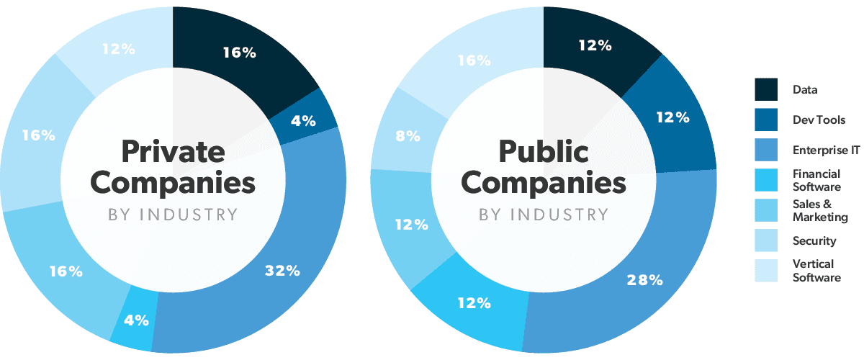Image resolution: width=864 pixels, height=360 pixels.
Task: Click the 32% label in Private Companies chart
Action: (282, 271)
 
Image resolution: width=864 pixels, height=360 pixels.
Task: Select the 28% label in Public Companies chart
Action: (645, 280)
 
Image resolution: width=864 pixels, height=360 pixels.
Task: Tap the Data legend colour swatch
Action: (766, 90)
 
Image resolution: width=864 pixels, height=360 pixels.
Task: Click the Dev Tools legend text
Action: (819, 120)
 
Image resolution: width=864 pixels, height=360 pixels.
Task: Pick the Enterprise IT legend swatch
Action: (766, 150)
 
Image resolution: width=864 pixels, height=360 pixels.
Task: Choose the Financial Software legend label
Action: (816, 180)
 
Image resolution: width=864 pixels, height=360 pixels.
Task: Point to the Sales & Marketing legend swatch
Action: (766, 210)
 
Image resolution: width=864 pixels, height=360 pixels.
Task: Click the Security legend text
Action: (814, 240)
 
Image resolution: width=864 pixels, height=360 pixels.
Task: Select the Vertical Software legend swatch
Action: (766, 270)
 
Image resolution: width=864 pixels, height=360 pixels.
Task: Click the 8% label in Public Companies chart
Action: (408, 136)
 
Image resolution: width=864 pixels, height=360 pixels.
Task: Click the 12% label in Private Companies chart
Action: (118, 50)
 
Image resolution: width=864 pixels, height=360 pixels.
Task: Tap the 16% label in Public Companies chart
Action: (474, 61)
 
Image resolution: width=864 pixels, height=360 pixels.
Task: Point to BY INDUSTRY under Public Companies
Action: (544, 215)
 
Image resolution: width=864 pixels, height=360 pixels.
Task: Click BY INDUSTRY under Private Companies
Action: (173, 214)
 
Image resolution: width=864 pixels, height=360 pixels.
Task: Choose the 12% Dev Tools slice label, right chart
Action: (673, 117)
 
